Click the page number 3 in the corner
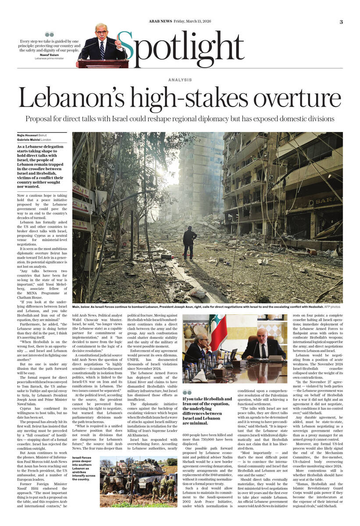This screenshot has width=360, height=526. pos(341,22)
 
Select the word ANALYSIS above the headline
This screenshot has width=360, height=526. pos(180,80)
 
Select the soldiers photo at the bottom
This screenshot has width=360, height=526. pos(139,481)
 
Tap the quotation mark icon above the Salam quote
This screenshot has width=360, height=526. pos(49,34)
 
